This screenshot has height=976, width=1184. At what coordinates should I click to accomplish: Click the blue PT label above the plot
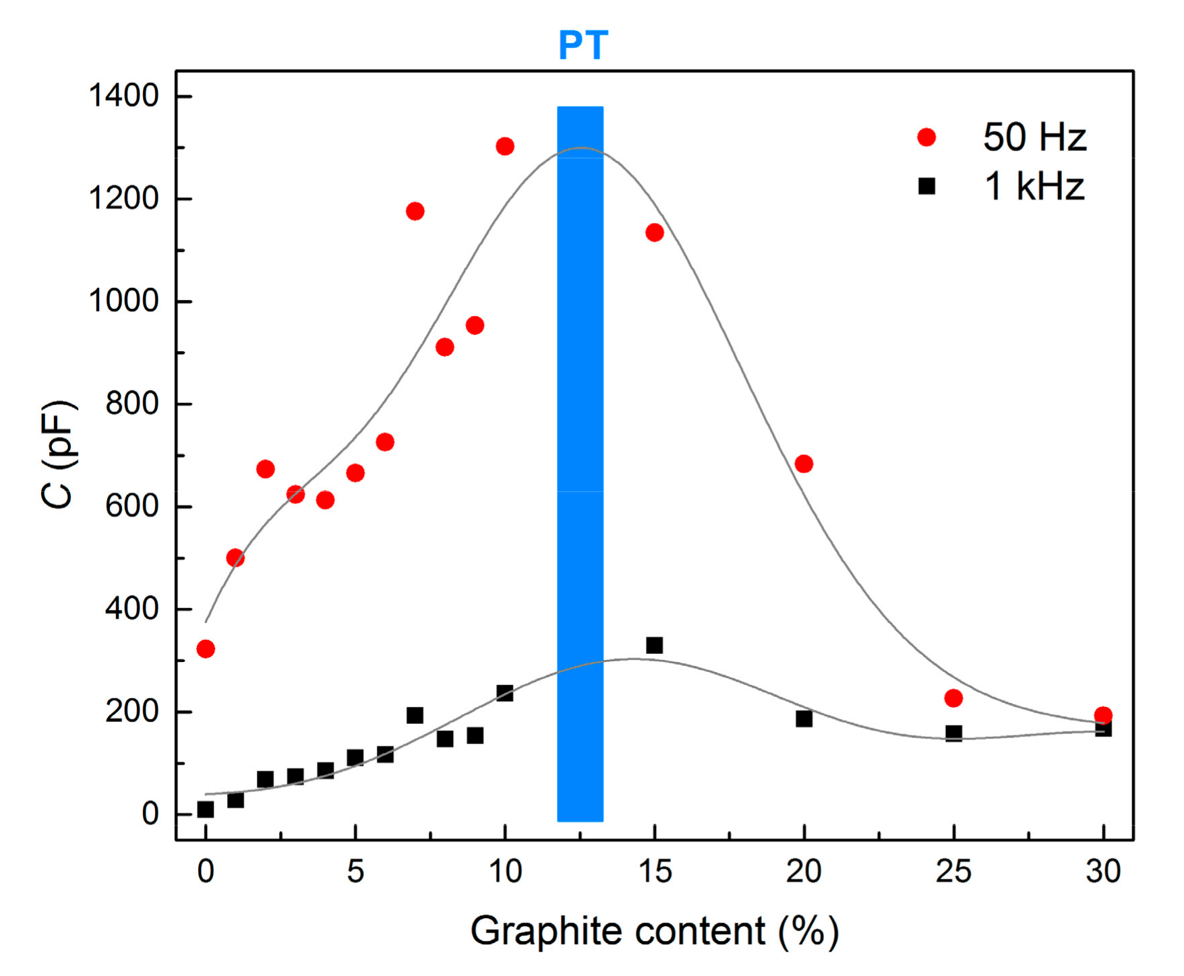click(583, 46)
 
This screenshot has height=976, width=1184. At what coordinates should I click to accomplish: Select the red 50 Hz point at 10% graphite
click(505, 146)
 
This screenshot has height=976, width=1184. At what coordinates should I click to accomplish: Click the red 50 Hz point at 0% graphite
click(206, 649)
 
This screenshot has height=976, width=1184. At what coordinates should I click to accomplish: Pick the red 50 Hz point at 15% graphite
click(654, 233)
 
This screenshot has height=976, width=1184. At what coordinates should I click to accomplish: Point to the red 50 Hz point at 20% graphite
click(804, 464)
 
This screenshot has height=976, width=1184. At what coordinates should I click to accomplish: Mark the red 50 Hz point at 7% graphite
click(415, 212)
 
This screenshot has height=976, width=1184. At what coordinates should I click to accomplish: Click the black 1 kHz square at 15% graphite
click(654, 645)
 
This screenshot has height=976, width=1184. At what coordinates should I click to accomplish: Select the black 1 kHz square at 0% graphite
click(206, 810)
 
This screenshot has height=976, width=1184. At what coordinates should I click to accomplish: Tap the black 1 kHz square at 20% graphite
click(804, 719)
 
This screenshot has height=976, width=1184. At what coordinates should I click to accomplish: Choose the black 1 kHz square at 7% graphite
click(415, 715)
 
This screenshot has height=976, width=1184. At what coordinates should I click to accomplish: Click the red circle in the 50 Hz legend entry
click(926, 138)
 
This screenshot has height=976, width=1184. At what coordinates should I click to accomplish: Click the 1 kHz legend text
click(1034, 187)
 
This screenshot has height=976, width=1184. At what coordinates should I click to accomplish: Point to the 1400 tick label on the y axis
click(124, 96)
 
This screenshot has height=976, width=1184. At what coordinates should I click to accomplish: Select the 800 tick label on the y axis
click(132, 404)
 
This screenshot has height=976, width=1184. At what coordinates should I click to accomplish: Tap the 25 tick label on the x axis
click(953, 872)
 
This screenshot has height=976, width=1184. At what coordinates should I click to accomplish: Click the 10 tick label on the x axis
click(505, 872)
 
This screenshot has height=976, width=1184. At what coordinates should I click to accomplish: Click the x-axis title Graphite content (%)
click(654, 932)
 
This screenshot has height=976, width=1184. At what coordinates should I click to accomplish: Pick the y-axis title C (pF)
click(58, 455)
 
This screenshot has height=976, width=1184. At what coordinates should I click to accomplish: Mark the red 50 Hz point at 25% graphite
click(953, 698)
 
